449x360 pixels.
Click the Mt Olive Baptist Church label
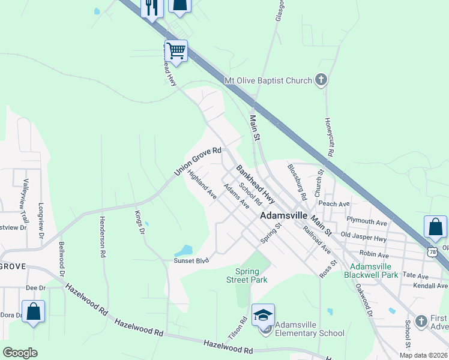pyautogui.click(x=268, y=80)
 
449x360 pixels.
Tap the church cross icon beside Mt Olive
pyautogui.click(x=321, y=80)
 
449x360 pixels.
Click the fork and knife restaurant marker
pyautogui.click(x=151, y=7)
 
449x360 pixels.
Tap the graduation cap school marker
pyautogui.click(x=263, y=314)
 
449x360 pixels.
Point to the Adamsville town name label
pyautogui.click(x=283, y=215)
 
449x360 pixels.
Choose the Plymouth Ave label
pyautogui.click(x=367, y=221)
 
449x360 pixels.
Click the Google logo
pyautogui.click(x=20, y=353)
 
